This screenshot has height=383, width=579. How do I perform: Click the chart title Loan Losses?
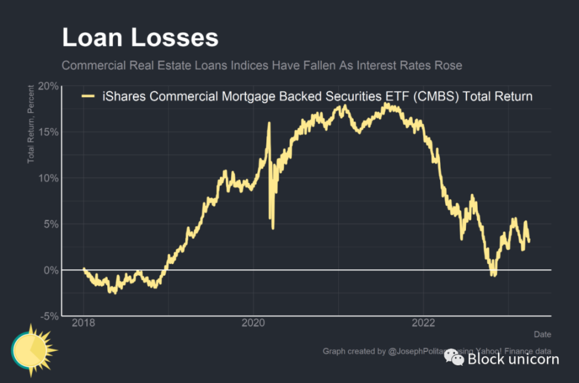click(x=140, y=38)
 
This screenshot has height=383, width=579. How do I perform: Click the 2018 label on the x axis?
click(x=83, y=323)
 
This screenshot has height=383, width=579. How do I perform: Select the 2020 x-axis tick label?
click(x=253, y=323)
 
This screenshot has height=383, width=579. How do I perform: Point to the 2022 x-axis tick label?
click(x=423, y=323)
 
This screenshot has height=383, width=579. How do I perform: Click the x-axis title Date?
click(x=542, y=334)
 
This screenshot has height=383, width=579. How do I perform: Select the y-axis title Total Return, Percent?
click(x=31, y=124)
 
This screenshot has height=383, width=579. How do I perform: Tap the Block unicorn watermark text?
click(x=513, y=359)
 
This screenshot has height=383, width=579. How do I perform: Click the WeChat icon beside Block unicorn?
click(x=455, y=358)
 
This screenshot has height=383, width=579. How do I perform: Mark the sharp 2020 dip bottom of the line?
click(x=273, y=228)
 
